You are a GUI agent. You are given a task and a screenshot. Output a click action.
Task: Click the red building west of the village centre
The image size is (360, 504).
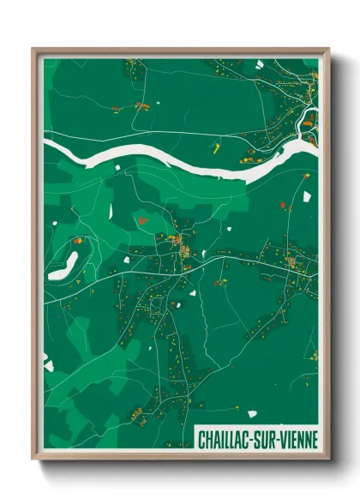[x=142, y=219]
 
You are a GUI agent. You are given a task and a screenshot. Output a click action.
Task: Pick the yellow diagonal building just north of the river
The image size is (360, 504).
[x=216, y=147]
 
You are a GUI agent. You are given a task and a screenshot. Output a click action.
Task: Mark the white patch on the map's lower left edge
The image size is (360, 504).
[x=48, y=366]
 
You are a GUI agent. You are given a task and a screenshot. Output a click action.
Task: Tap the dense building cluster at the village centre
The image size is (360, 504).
[x=183, y=251]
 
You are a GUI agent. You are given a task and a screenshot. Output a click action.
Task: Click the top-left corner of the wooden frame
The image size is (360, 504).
[x=33, y=49]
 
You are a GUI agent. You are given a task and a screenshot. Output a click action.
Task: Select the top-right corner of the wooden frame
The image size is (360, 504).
[x=328, y=49]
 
